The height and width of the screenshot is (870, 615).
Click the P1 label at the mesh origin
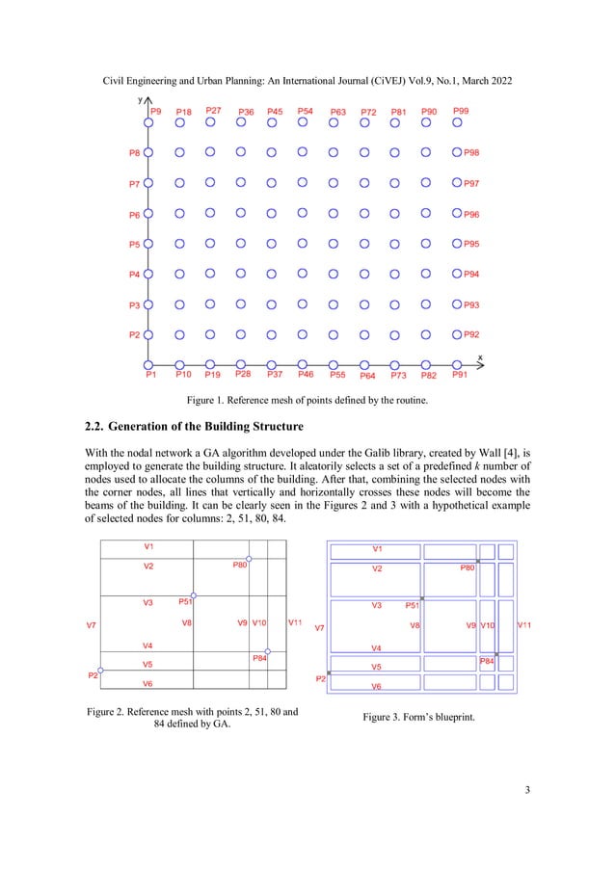point(151,375)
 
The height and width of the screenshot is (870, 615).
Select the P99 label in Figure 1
point(461,111)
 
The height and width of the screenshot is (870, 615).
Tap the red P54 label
point(305,111)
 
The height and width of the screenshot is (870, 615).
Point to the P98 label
point(472,152)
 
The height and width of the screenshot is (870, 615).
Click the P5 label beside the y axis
point(135,244)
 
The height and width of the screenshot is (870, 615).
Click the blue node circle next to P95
point(456,244)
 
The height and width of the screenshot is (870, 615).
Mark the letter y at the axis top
point(140,98)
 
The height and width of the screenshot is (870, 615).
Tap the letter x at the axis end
point(480,357)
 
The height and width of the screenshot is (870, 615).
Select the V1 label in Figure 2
point(148,546)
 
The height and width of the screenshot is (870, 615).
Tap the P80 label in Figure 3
point(467,568)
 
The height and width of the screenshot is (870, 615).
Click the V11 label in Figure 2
point(296,622)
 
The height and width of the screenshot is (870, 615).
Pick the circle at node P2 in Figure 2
point(100,669)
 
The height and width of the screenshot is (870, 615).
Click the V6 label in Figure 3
point(376,686)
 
